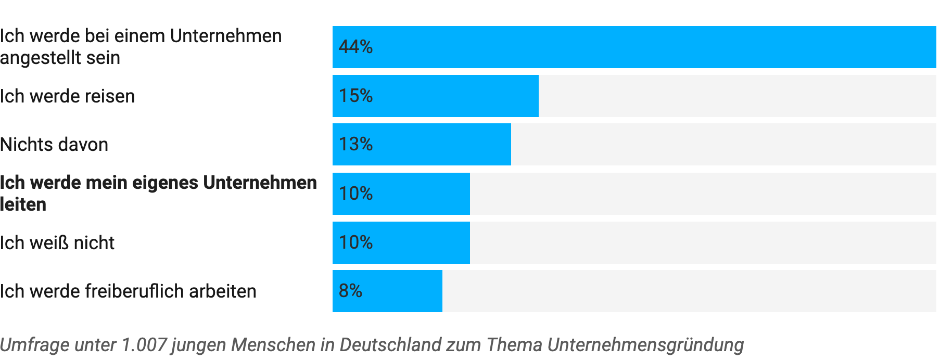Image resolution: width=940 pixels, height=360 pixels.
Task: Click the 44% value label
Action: click(x=355, y=47)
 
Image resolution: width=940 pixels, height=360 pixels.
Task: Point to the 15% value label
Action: click(x=355, y=96)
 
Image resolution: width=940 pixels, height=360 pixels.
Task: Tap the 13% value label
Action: click(x=355, y=144)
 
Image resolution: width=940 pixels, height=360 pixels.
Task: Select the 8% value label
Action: click(x=350, y=291)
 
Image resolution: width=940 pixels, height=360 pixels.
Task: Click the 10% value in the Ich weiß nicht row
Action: click(x=355, y=242)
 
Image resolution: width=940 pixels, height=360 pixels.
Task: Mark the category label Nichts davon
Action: click(x=54, y=145)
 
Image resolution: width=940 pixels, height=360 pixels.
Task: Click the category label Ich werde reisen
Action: click(x=67, y=96)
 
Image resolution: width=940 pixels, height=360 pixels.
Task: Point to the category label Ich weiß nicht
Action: click(x=57, y=243)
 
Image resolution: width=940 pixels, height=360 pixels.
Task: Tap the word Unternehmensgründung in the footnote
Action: click(x=645, y=345)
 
